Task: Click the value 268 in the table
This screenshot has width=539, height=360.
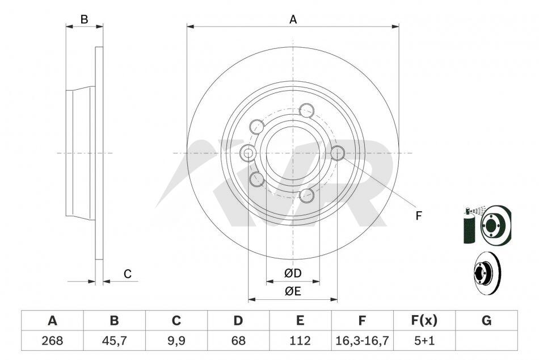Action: pyautogui.click(x=52, y=340)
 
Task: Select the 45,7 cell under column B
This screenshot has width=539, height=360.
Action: pyautogui.click(x=114, y=340)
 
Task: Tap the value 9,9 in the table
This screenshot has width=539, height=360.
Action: pyautogui.click(x=176, y=340)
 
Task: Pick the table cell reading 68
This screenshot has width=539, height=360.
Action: pyautogui.click(x=238, y=340)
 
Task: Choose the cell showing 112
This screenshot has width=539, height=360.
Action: pyautogui.click(x=300, y=340)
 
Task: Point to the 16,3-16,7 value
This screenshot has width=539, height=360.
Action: pyautogui.click(x=362, y=340)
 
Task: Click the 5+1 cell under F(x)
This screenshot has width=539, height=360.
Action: pyautogui.click(x=424, y=340)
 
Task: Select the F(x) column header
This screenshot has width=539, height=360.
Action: pyautogui.click(x=424, y=320)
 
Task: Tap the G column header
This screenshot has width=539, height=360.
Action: pyautogui.click(x=486, y=320)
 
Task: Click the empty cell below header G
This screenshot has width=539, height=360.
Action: pyautogui.click(x=486, y=340)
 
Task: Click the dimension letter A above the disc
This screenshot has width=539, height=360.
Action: pyautogui.click(x=293, y=20)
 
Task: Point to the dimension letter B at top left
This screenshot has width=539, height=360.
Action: pyautogui.click(x=84, y=20)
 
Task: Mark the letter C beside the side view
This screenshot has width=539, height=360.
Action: pyautogui.click(x=128, y=274)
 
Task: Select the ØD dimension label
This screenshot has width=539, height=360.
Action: pyautogui.click(x=293, y=273)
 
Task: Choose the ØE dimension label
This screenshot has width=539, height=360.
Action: pyautogui.click(x=293, y=291)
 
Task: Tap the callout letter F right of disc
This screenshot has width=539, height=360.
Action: pyautogui.click(x=418, y=216)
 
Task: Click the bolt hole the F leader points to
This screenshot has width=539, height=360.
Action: pyautogui.click(x=338, y=153)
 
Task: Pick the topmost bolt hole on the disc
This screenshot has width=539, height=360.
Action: pyautogui.click(x=306, y=111)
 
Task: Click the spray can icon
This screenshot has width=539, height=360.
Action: pyautogui.click(x=469, y=226)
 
